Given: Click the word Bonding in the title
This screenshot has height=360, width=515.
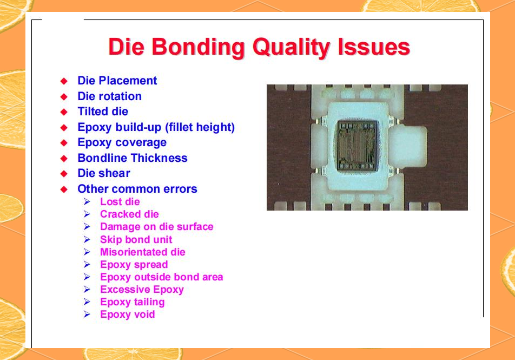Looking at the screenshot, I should pos(198,48).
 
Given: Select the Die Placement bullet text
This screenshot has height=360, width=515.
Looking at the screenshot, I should pos(117,81).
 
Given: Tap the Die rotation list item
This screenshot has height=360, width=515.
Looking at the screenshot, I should pos(109,96).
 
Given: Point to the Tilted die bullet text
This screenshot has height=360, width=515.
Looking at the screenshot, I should pos(103,112).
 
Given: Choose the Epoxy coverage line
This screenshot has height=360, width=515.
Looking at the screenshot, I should pos(122,142).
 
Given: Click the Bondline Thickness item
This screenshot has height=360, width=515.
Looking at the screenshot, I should pos(133,158).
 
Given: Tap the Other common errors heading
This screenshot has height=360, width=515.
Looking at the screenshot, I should pos(137,189).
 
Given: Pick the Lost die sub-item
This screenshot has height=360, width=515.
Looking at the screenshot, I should pos(120,202).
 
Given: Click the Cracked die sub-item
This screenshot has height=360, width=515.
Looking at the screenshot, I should pos(129,214).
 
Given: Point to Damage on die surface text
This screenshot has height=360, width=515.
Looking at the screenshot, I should pos(156,227).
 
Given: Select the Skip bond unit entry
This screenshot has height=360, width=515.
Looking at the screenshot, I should pos(136,240).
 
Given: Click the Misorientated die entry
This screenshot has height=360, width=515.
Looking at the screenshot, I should pos(142,252).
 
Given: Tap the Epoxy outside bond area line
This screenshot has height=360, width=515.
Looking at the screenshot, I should pos(161,277).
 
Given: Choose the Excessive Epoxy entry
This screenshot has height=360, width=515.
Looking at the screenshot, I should pos(142,290).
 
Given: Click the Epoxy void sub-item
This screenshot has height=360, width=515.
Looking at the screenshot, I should pos(127,315).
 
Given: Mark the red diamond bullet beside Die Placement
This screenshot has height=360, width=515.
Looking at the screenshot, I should pos(64,81).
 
